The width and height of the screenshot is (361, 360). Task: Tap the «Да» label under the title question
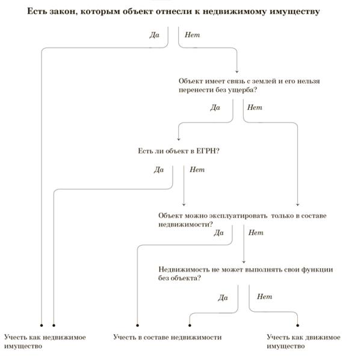154,35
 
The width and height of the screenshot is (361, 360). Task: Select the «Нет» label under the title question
193,35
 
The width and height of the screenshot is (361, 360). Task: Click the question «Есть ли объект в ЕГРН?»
179,151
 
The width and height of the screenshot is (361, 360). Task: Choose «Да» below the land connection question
215,108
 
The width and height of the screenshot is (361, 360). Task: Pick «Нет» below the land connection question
255,108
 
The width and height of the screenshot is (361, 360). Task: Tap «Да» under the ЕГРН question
159,169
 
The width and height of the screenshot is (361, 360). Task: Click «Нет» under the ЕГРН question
197,169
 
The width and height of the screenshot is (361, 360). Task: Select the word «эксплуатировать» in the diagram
238,216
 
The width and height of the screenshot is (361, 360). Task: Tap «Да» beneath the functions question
223,297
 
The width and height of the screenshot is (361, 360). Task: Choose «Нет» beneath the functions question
265,296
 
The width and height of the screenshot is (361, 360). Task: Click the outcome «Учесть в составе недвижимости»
167,337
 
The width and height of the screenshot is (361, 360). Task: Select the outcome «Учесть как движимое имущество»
303,341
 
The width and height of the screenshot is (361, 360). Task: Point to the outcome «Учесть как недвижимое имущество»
45,341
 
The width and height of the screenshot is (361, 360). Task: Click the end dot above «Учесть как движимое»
297,325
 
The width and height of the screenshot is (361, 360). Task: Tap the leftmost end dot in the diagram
42,325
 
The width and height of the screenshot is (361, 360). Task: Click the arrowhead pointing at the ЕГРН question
179,139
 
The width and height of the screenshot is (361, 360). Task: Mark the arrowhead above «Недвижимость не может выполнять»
244,262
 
